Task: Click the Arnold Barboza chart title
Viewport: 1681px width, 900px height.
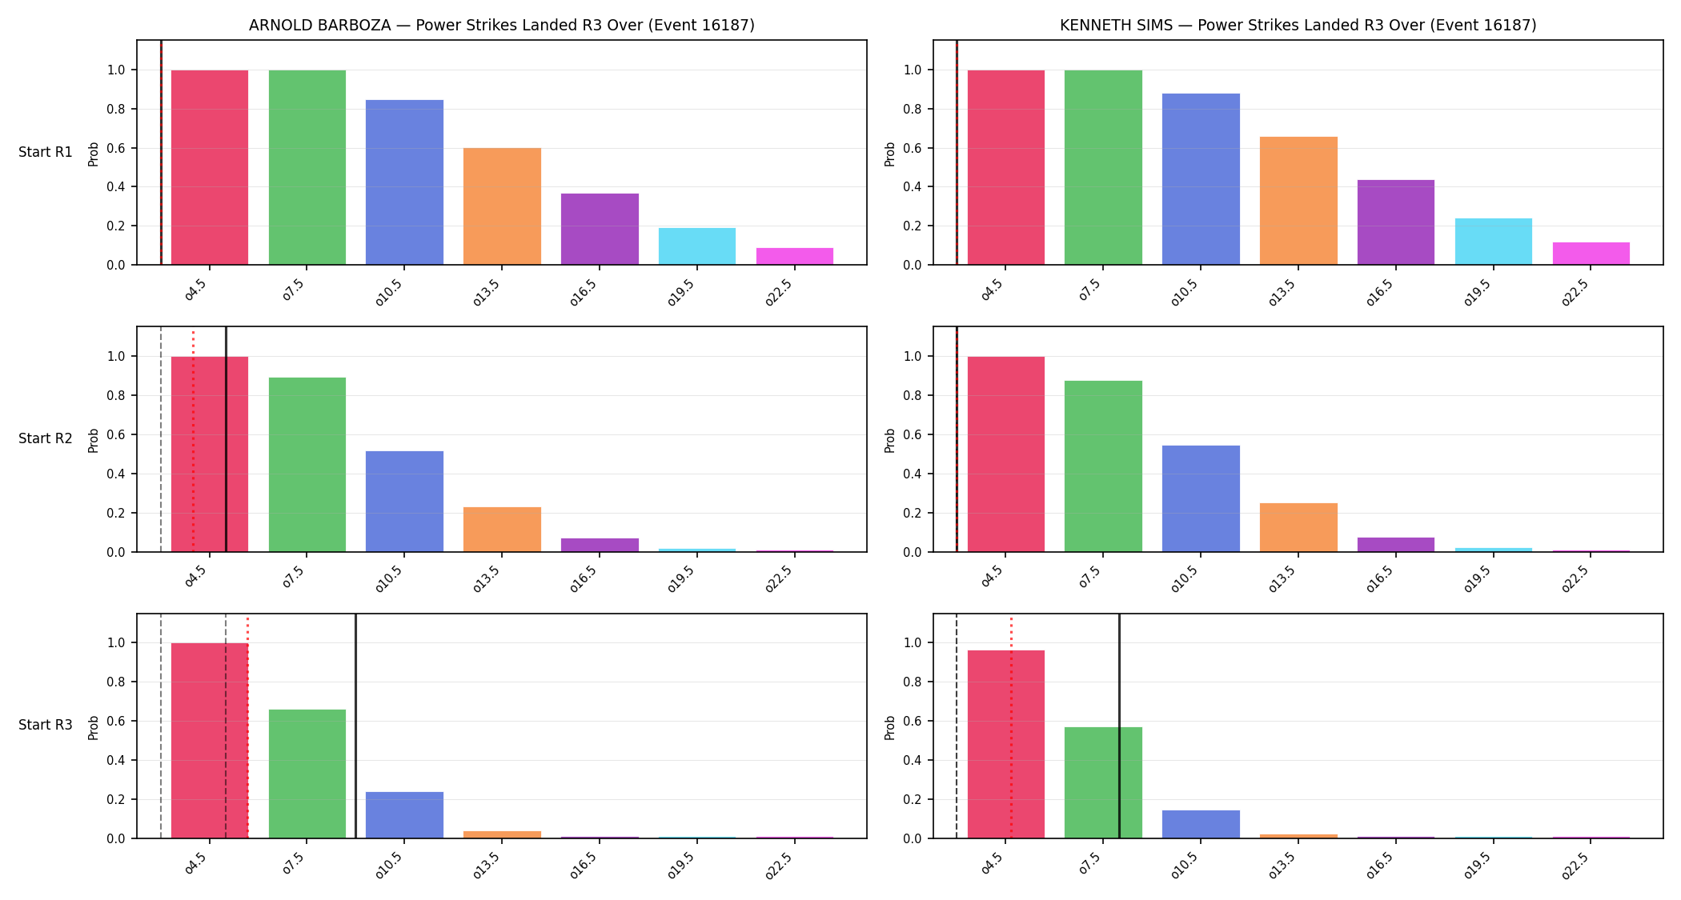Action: (x=502, y=25)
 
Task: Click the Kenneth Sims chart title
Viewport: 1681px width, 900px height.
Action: (x=1298, y=25)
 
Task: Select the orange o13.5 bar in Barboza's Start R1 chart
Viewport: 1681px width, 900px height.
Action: (x=502, y=206)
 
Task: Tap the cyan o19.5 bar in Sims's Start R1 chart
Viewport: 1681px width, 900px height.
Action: (x=1493, y=242)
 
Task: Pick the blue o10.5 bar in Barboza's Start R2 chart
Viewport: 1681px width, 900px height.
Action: (x=404, y=502)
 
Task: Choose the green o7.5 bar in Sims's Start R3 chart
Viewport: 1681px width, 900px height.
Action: (x=1103, y=782)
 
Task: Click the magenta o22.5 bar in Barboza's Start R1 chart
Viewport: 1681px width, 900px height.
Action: (x=794, y=256)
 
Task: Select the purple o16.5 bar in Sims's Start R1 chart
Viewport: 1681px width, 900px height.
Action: (x=1395, y=222)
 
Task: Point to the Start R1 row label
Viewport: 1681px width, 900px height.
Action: (x=46, y=152)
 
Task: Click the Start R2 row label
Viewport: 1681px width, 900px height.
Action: (x=46, y=438)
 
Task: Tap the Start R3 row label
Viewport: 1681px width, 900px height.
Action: (x=46, y=725)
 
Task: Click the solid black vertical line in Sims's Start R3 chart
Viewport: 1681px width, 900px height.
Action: (x=1119, y=726)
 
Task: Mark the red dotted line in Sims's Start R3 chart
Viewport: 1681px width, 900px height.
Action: (x=1011, y=726)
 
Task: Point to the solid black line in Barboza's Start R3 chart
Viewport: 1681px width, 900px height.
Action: (x=355, y=726)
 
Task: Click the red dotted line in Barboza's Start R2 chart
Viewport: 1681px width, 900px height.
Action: (x=193, y=440)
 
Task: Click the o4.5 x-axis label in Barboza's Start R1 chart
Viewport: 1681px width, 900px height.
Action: (x=195, y=290)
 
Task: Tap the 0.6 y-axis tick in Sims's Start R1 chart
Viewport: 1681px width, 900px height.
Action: (x=913, y=148)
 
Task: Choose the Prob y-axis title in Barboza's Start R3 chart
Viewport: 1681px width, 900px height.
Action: (x=94, y=727)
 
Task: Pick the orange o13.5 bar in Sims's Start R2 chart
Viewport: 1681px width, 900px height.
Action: (x=1298, y=527)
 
